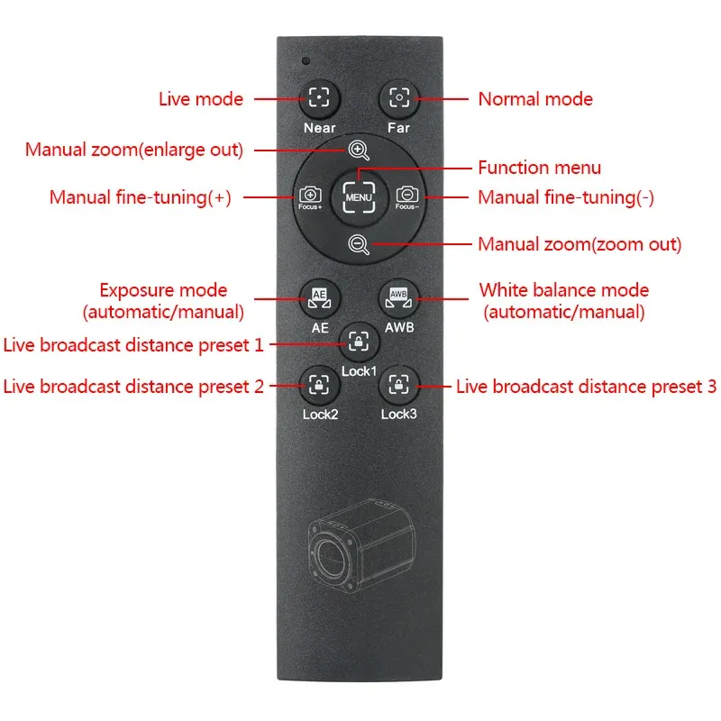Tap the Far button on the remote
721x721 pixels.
[399, 98]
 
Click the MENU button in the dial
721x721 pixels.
[359, 197]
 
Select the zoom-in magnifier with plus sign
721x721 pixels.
[359, 151]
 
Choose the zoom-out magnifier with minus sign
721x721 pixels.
[359, 244]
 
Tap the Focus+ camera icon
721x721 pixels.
[310, 197]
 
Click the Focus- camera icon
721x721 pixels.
[407, 197]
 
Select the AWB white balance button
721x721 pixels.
[398, 299]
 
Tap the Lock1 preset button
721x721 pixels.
[359, 342]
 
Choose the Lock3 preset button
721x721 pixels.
[398, 386]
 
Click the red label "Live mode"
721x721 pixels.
[201, 99]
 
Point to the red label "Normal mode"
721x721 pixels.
[535, 99]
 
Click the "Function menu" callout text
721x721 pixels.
[539, 168]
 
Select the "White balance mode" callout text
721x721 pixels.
[564, 290]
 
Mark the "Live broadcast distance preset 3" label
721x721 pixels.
[587, 387]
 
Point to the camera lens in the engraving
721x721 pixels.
[330, 558]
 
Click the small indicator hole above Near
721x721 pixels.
[306, 60]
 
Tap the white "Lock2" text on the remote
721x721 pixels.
[321, 415]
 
